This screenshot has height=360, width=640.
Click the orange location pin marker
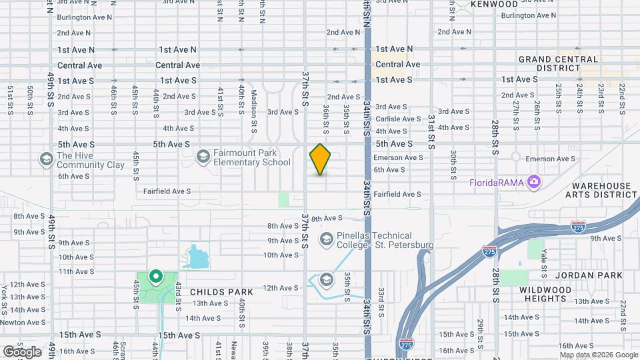[321, 159]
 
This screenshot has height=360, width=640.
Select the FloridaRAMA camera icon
[533, 181]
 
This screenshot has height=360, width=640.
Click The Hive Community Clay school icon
[46, 159]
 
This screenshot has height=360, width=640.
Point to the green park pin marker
[155, 275]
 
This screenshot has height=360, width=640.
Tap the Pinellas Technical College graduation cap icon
[327, 239]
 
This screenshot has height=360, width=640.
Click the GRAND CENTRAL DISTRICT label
[558, 63]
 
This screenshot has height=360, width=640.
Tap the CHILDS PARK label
[222, 292]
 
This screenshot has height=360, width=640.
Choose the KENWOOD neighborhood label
[494, 5]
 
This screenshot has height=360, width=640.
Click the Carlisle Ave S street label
[398, 119]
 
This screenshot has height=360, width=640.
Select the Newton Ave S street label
[23, 322]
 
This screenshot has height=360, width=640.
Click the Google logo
[23, 351]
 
